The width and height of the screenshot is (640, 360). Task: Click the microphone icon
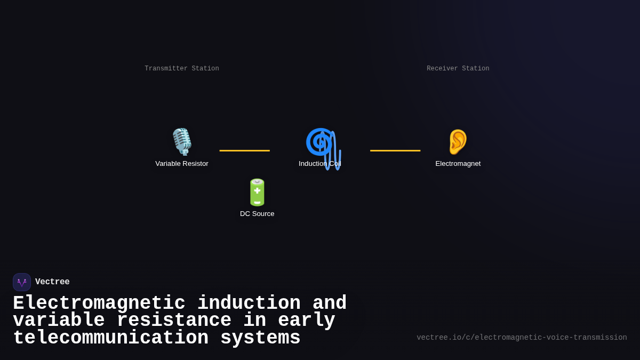coord(182,142)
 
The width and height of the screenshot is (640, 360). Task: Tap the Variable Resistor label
coord(182,164)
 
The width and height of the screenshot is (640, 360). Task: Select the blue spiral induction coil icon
coord(319,142)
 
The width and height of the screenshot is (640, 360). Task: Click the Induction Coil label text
coord(319,164)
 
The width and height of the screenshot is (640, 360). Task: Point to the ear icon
coord(458,142)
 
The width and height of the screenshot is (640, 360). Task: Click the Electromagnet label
coord(458,164)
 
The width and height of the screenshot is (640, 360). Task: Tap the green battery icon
coord(257,192)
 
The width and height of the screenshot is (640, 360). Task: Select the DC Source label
coord(257,214)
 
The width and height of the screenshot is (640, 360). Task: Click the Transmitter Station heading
coord(182,69)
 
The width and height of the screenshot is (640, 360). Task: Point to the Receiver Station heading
coord(458,69)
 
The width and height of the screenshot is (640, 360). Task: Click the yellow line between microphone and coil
coord(244,150)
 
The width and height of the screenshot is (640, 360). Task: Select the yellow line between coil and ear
coord(395,150)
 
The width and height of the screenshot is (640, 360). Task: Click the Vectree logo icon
coord(22,282)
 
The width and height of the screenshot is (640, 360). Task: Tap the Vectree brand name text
coord(52,282)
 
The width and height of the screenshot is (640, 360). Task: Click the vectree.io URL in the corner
coord(522,338)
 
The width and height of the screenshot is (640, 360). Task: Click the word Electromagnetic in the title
coord(99,303)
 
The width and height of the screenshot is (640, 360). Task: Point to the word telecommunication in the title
coord(110,338)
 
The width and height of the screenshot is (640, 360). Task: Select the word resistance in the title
coord(174,321)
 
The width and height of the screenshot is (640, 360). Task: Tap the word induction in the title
coord(249,303)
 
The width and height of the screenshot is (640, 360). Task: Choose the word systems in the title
coord(260,338)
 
